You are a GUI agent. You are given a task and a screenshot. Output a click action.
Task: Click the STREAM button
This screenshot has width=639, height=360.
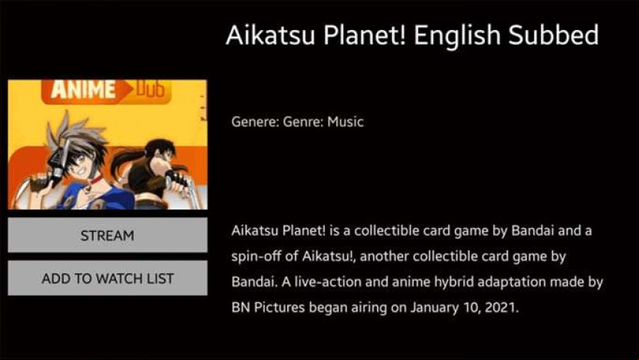click(108, 235)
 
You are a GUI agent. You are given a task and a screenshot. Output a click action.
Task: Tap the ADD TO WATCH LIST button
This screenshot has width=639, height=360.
click(108, 278)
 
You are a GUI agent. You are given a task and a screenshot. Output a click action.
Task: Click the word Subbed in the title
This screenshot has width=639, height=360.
click(554, 34)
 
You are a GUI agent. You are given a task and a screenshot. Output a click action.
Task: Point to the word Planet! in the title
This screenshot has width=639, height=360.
click(364, 34)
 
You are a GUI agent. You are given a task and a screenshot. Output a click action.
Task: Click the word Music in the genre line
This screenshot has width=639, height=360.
click(346, 121)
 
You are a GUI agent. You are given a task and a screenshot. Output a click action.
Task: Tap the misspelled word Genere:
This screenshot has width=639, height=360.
click(255, 121)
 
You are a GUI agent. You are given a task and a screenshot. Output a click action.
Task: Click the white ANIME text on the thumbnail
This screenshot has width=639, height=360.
click(83, 90)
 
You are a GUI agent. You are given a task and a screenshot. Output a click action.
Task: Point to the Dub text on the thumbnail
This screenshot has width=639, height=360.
click(150, 89)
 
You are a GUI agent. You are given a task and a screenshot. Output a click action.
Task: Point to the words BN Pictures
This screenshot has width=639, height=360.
click(268, 307)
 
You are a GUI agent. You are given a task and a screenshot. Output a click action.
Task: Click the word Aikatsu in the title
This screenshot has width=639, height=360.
click(270, 34)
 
